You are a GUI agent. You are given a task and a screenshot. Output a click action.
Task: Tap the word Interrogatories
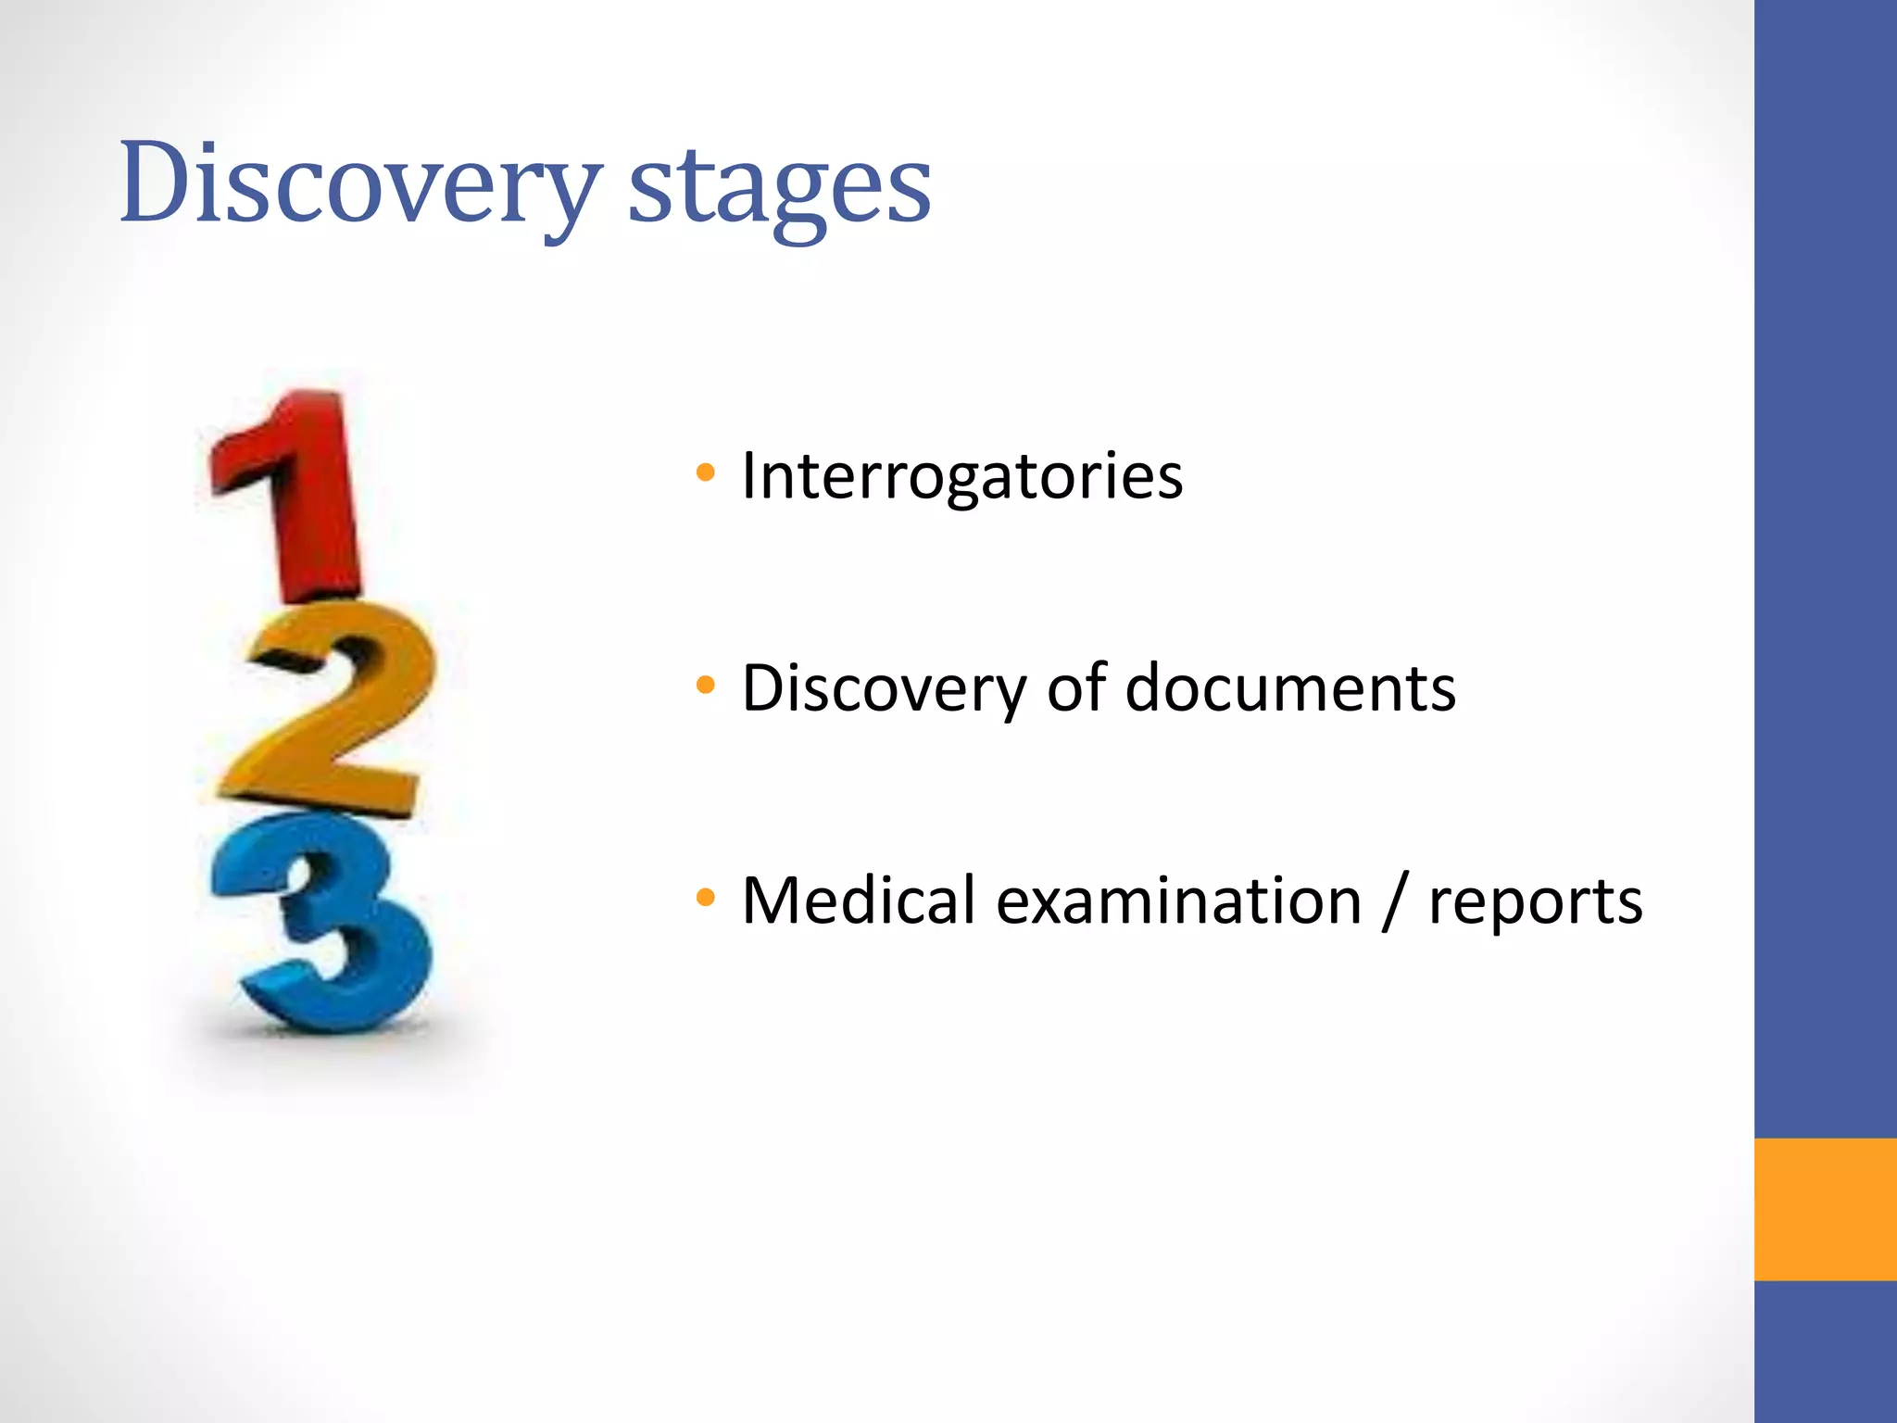pyautogui.click(x=962, y=476)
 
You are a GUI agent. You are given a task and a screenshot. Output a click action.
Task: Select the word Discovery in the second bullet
pyautogui.click(x=884, y=689)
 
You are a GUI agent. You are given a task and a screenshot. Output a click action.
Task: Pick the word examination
pyautogui.click(x=1178, y=900)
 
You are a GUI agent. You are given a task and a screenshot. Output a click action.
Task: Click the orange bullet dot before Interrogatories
pyautogui.click(x=706, y=473)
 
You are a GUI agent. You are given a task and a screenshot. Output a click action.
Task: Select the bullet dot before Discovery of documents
pyautogui.click(x=706, y=686)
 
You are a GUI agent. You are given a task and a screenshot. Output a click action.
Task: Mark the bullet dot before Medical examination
pyautogui.click(x=706, y=898)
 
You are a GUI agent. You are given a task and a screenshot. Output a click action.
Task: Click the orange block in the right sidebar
pyautogui.click(x=1825, y=1209)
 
